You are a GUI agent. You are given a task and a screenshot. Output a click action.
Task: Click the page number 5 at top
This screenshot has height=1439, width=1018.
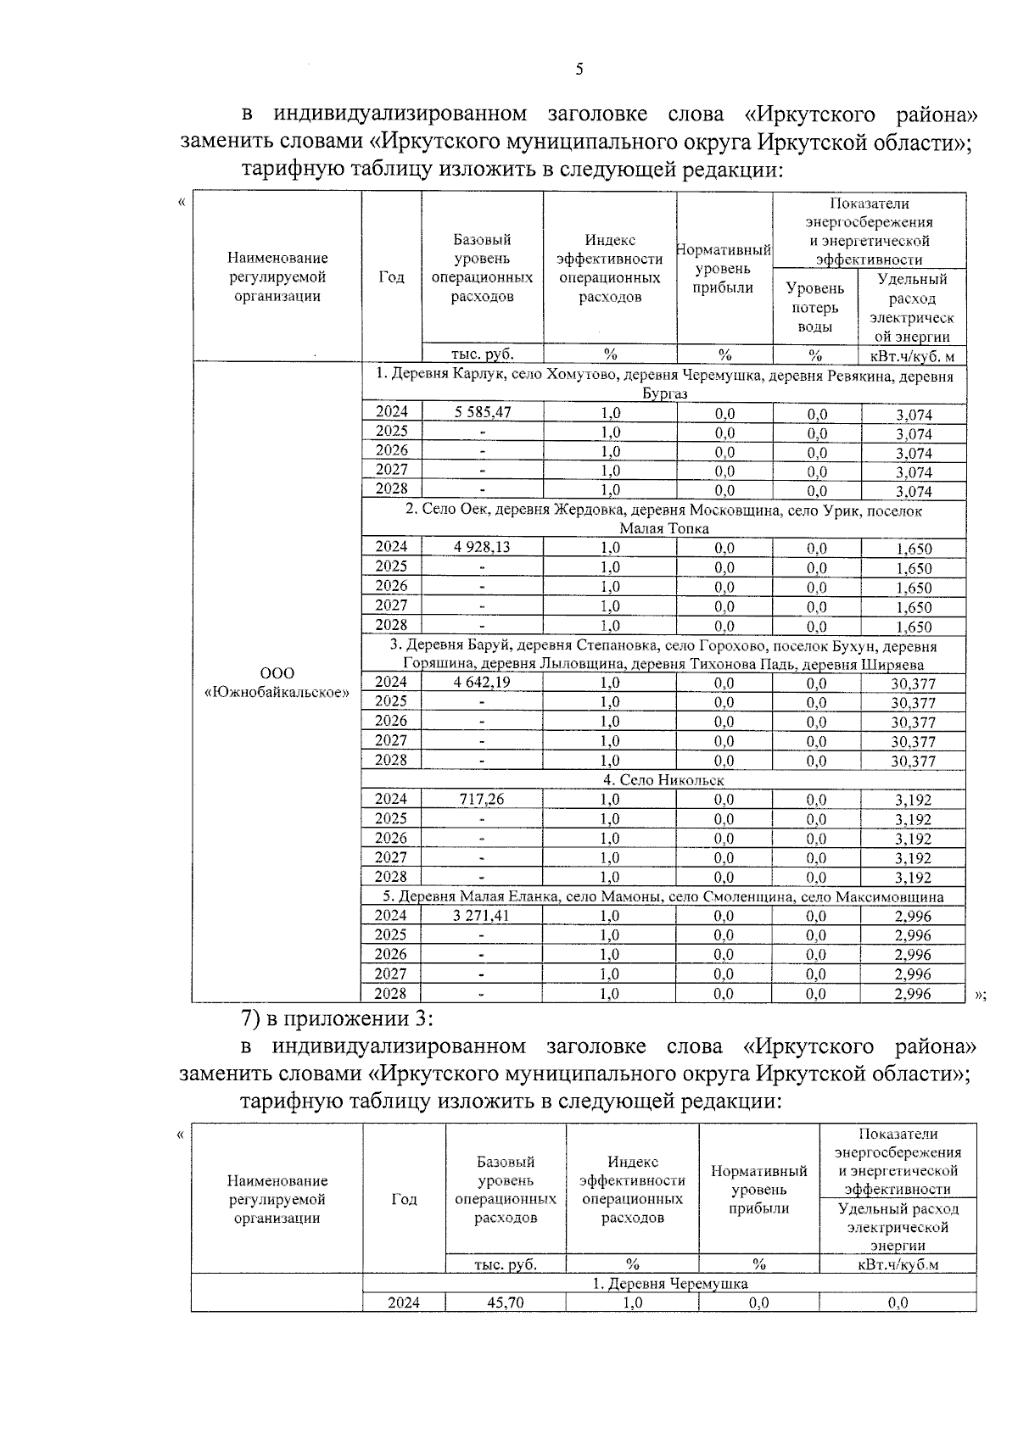[579, 70]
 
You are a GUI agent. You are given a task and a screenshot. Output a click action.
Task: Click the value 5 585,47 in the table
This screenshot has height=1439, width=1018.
[482, 412]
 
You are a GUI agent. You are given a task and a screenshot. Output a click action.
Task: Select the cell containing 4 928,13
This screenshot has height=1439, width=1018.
[482, 547]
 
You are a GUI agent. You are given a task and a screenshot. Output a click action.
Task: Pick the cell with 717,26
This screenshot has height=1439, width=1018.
[482, 799]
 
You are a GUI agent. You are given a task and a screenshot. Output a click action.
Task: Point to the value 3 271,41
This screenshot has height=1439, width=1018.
[482, 916]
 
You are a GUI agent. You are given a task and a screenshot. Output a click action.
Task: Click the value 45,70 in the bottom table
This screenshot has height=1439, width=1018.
[505, 1302]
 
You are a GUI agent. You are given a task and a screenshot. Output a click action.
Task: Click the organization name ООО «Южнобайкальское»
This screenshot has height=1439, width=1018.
[277, 683]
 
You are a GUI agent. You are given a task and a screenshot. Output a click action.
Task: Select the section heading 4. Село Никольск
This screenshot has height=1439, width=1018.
[663, 780]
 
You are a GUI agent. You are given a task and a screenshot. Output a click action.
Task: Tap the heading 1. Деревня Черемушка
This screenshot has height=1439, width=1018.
[669, 1284]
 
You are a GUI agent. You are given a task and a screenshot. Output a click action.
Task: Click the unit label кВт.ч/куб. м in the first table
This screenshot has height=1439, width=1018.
[912, 355]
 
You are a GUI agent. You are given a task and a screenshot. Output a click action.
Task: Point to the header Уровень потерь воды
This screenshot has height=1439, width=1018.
[814, 308]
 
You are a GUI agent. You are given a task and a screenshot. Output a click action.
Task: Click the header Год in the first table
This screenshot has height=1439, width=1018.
[391, 277]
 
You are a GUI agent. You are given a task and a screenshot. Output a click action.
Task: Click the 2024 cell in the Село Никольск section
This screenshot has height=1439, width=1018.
[391, 799]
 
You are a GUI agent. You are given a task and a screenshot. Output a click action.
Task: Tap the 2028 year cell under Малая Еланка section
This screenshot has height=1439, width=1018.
[391, 994]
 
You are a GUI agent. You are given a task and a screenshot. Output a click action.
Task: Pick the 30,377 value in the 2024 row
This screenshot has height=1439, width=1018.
[913, 683]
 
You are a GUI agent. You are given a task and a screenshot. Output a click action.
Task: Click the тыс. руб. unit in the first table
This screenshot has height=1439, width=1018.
[482, 354]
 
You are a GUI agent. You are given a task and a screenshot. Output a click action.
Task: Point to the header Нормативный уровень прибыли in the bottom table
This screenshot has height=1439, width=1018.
[758, 1190]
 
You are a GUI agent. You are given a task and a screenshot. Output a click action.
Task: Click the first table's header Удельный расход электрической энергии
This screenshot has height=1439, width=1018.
[912, 308]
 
